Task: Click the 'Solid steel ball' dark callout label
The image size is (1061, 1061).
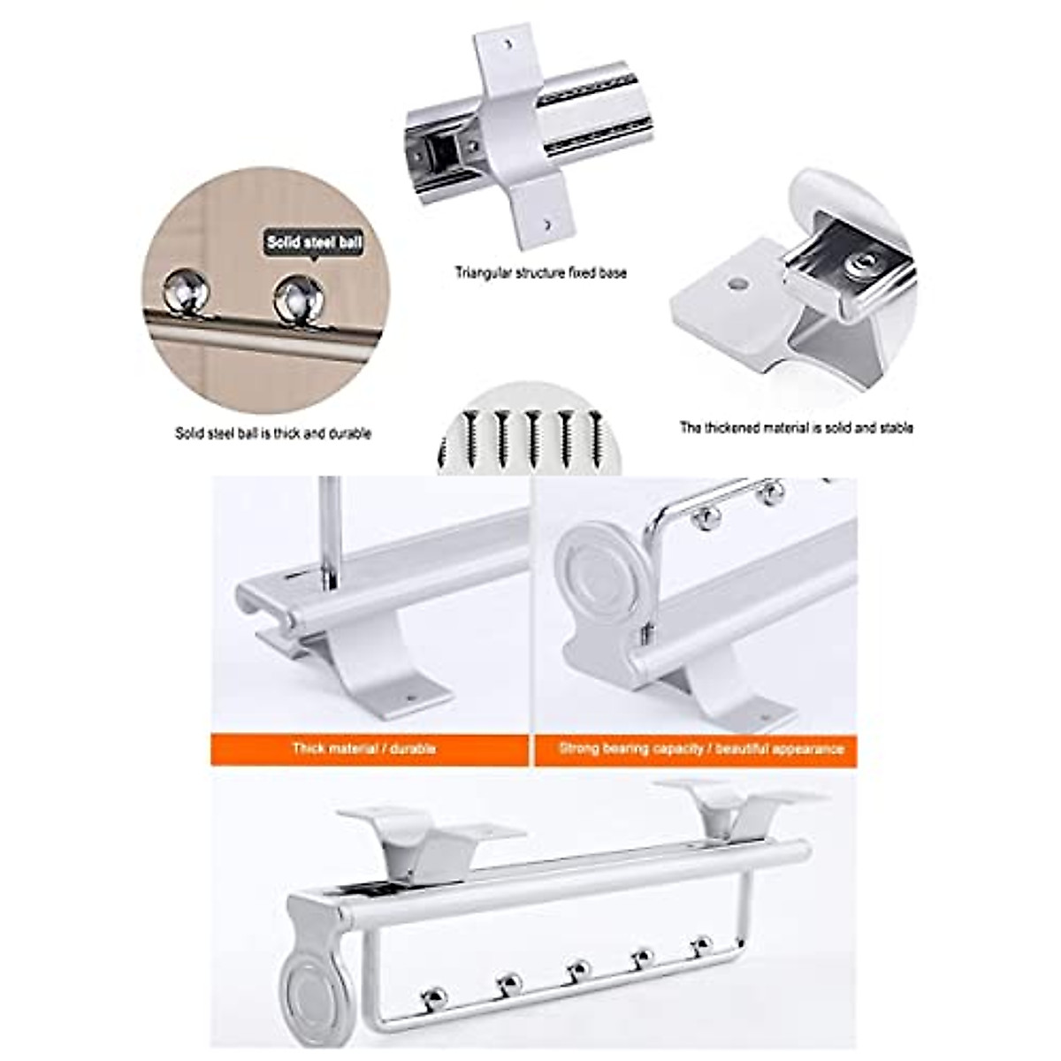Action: pyautogui.click(x=314, y=240)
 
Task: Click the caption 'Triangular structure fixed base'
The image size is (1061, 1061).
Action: pyautogui.click(x=540, y=273)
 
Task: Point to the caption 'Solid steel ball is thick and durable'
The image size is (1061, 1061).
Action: pyautogui.click(x=272, y=433)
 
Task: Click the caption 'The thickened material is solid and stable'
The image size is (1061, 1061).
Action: pyautogui.click(x=796, y=428)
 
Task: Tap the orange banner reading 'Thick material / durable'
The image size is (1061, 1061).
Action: pyautogui.click(x=364, y=749)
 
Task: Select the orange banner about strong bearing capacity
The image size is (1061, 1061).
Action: pyautogui.click(x=700, y=749)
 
